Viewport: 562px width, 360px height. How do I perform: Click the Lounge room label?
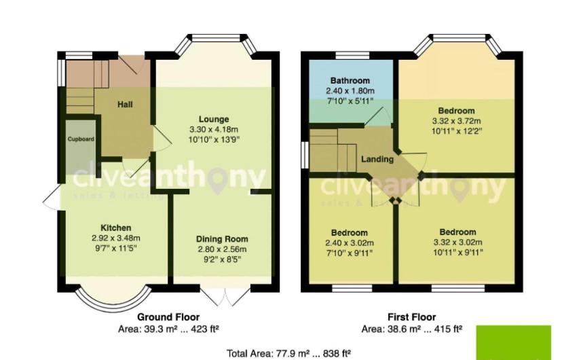(x=214, y=119)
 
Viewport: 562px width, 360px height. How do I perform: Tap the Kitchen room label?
(x=116, y=228)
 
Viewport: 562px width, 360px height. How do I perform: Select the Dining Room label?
(x=222, y=239)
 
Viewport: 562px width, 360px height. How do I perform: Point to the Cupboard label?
(x=81, y=139)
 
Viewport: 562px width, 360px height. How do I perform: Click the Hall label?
(x=125, y=105)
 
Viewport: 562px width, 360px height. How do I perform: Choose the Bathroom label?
(x=350, y=80)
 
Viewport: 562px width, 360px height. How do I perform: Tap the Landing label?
(x=377, y=159)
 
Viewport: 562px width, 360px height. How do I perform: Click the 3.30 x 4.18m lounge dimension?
(x=214, y=130)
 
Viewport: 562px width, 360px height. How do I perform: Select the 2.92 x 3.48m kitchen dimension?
(x=116, y=238)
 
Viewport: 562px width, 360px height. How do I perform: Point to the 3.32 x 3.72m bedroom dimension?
(x=456, y=121)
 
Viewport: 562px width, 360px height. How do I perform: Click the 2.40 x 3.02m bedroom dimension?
(x=349, y=242)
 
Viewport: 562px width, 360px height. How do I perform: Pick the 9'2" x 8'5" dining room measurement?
(x=222, y=259)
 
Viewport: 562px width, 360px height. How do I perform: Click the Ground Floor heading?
(x=168, y=317)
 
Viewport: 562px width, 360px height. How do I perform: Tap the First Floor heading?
(x=411, y=317)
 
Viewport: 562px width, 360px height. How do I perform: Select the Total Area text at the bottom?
(x=288, y=353)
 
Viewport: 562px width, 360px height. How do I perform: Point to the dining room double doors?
(x=225, y=297)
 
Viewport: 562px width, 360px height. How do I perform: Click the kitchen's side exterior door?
(x=52, y=197)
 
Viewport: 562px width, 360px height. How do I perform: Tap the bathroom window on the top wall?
(x=352, y=56)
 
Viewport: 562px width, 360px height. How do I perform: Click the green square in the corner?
(x=513, y=343)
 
